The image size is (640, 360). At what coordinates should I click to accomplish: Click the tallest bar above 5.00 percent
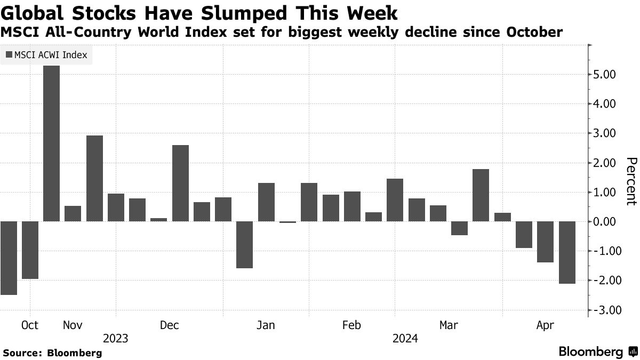pos(51,143)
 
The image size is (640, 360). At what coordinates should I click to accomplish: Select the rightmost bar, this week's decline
pos(566,252)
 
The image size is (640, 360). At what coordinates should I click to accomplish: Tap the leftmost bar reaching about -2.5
pos(9,258)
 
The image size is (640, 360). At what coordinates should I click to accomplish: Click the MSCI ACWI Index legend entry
pos(46,54)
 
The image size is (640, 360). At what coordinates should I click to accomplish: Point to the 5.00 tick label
pos(605,75)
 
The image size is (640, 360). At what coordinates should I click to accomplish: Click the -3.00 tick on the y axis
pos(605,310)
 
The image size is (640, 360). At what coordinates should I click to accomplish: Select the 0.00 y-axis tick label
pos(605,222)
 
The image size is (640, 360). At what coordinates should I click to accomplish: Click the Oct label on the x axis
pos(30,325)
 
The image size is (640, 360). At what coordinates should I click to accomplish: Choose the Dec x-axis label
pos(170,325)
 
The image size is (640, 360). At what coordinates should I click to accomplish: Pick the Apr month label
pos(545,325)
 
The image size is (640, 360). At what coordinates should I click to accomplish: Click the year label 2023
pos(116,339)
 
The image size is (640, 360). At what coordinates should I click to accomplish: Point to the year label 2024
pos(405,339)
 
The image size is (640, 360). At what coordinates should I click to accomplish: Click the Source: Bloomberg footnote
pos(52,353)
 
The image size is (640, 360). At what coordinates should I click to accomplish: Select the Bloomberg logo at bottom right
pos(597,351)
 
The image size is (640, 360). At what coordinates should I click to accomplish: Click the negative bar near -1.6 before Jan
pos(244,244)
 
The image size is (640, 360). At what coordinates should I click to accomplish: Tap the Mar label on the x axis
pos(449,325)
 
